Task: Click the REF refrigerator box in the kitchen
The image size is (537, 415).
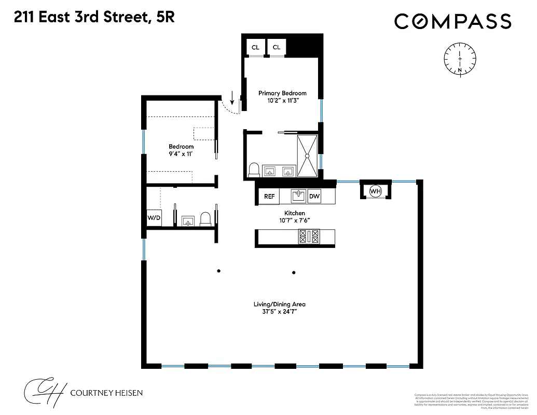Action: tap(269, 196)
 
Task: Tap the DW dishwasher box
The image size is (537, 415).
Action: tap(314, 196)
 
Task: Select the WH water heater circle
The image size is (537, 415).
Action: tap(375, 191)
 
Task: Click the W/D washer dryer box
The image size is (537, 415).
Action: tap(154, 218)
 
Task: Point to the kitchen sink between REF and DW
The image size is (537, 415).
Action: tap(298, 196)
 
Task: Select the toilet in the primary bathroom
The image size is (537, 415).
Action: tap(254, 170)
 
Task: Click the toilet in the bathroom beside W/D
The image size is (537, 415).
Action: tap(205, 219)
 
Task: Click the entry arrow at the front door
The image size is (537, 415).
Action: tap(232, 97)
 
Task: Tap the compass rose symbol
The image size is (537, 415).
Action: tap(460, 59)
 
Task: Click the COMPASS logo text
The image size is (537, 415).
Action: tap(452, 21)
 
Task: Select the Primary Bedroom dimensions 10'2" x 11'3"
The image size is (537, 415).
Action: tap(282, 102)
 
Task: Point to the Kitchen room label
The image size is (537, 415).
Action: tap(294, 213)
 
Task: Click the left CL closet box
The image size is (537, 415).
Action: tap(255, 47)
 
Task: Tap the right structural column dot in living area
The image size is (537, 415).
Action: tap(294, 272)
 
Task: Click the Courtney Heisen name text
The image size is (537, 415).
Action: tap(107, 393)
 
